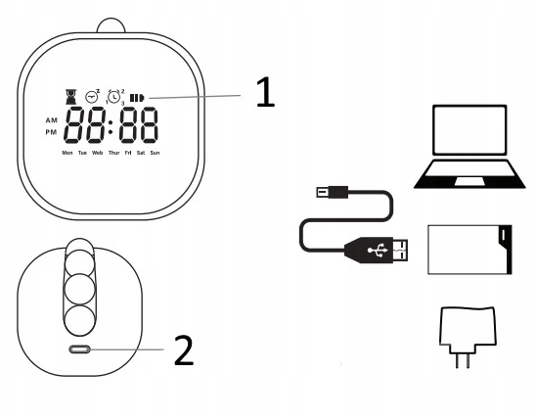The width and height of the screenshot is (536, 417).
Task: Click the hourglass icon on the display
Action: [x=70, y=97]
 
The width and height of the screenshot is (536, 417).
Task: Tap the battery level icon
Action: [x=137, y=98]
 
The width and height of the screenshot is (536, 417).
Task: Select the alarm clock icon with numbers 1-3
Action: [x=114, y=97]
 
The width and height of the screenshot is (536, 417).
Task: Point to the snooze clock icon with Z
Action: [x=92, y=96]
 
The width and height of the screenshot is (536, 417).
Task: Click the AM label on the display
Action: [x=52, y=120]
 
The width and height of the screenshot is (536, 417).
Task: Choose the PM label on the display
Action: [x=51, y=132]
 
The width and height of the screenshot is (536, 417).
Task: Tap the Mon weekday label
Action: [x=67, y=153]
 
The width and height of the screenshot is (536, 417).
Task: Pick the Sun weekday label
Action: [x=155, y=153]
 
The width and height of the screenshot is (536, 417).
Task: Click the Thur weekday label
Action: [x=113, y=153]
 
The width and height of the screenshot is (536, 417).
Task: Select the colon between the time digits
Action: [x=111, y=126]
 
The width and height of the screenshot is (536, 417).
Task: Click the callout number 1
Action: [x=265, y=92]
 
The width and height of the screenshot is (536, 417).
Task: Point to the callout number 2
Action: [x=184, y=350]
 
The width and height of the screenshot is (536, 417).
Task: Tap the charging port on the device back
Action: [x=79, y=349]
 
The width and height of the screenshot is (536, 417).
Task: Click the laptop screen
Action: [x=469, y=130]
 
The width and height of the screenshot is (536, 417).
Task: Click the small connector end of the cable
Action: [x=332, y=192]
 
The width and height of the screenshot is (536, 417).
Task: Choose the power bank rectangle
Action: [x=469, y=250]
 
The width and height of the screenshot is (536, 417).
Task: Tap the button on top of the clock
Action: [x=112, y=25]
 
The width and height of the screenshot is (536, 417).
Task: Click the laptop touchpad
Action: [x=469, y=181]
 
